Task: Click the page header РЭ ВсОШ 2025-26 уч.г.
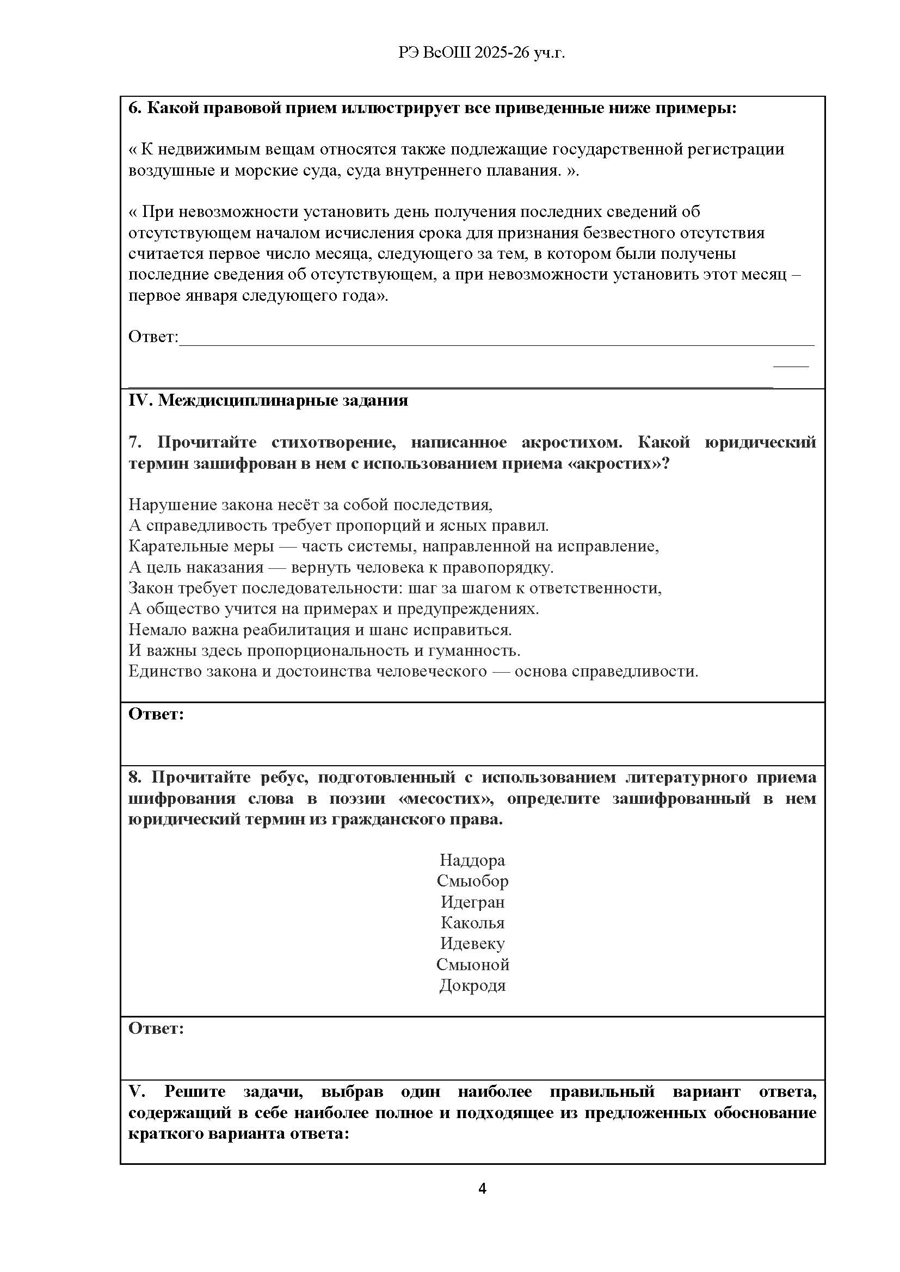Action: coord(481,53)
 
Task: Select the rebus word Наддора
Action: coord(472,860)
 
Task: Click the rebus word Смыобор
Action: coord(472,881)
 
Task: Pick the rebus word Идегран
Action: coord(472,902)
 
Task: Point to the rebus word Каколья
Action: coord(472,923)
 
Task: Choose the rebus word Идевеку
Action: coord(472,944)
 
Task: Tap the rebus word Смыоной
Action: coord(472,965)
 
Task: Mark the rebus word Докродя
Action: coord(472,985)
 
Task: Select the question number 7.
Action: coord(135,442)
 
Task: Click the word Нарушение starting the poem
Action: coord(173,505)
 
